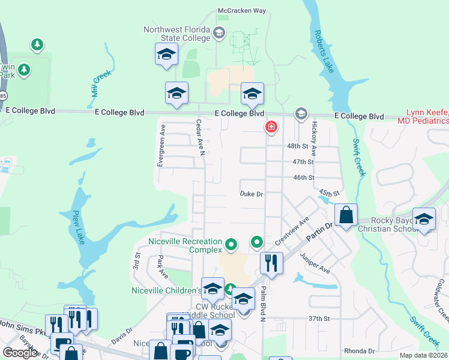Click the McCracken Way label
point(242,11)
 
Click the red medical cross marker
point(271,127)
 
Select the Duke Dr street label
point(252,194)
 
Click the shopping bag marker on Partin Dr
point(346,215)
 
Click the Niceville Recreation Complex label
point(185,246)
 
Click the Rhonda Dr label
point(359,351)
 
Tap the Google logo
point(20,352)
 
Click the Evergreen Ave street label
point(161,146)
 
